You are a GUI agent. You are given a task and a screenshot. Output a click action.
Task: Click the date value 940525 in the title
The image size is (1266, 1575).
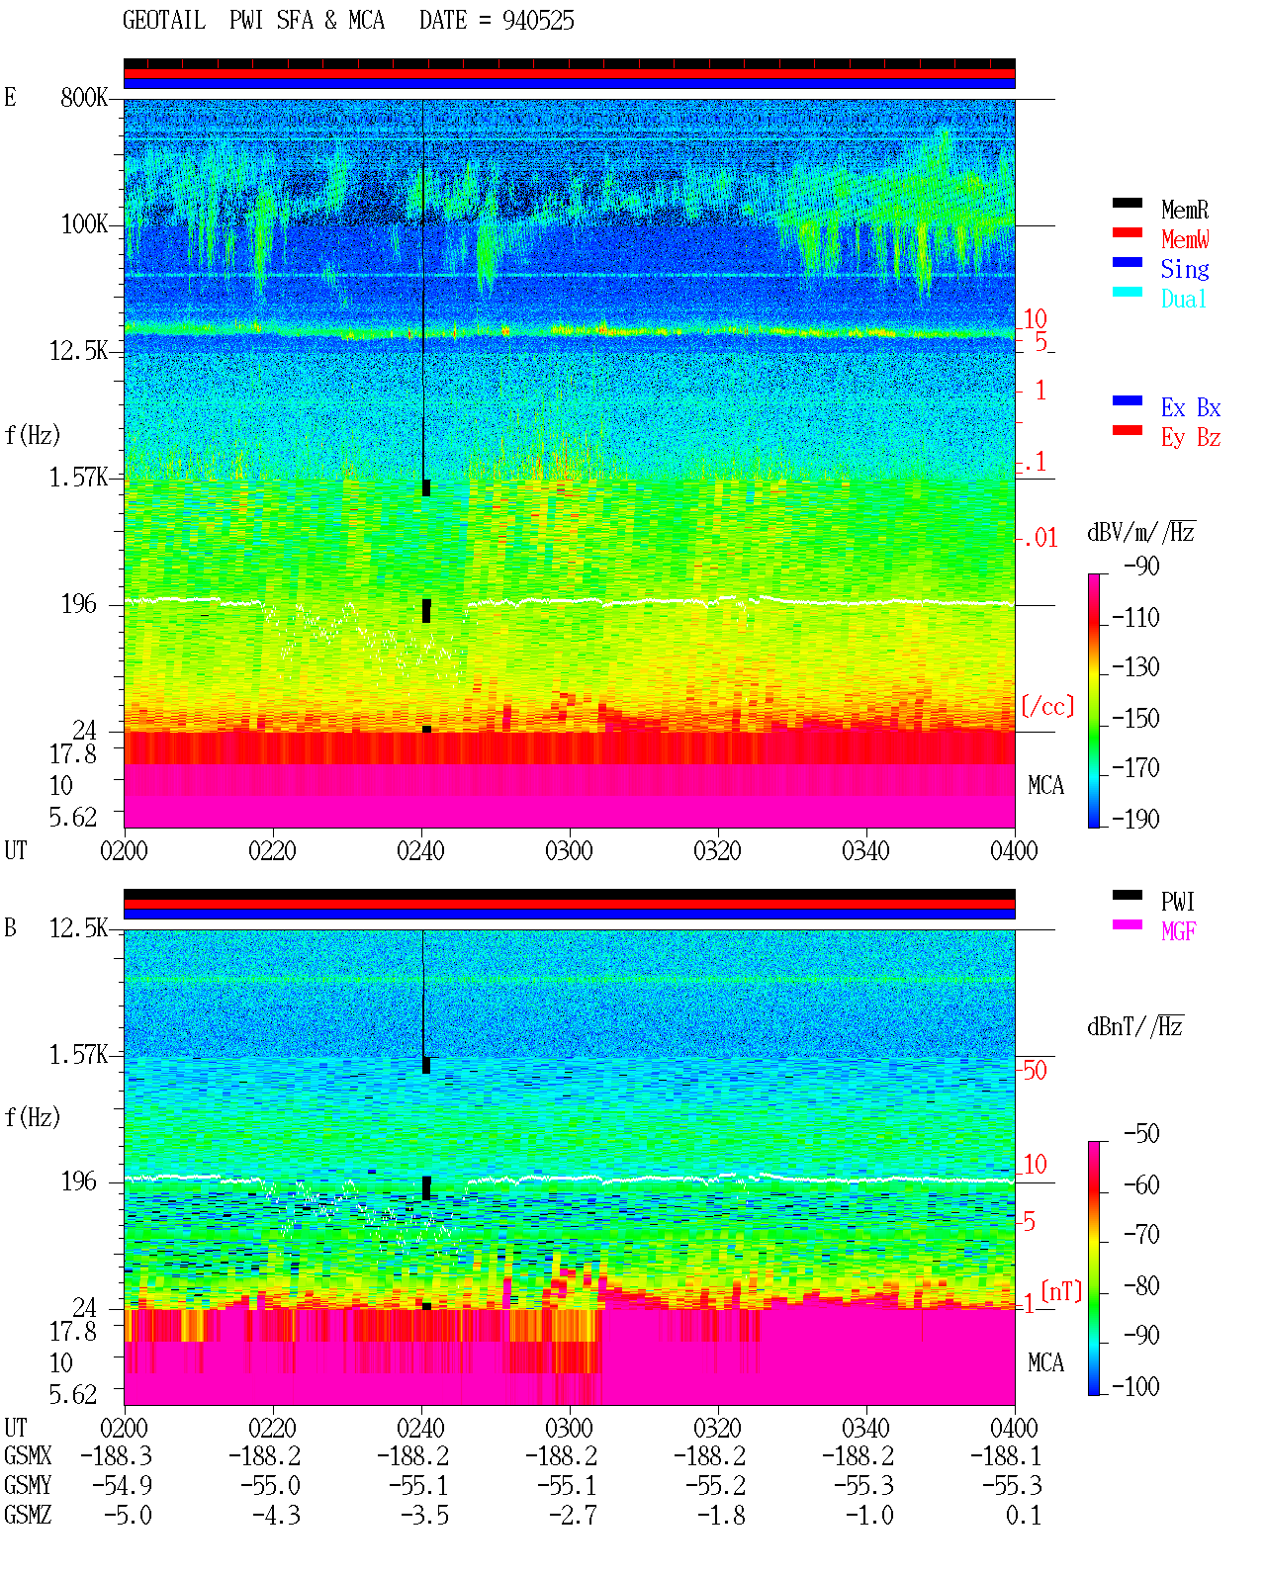(538, 20)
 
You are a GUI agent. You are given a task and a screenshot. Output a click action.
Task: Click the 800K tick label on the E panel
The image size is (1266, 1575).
(84, 97)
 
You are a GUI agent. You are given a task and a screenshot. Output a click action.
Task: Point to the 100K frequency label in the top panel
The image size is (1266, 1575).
(84, 224)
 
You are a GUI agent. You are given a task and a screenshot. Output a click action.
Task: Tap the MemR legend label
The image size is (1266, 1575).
(1185, 210)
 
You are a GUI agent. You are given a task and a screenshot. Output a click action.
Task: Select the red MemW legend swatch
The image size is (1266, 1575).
(1128, 232)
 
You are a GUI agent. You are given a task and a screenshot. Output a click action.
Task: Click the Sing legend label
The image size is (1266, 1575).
(1185, 269)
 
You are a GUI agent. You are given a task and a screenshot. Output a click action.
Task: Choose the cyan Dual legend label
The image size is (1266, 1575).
(1184, 299)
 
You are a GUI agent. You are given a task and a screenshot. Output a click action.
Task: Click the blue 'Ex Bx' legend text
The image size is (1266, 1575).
(1191, 407)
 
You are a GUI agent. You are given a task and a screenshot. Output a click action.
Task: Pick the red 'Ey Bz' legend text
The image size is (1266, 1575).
(1191, 438)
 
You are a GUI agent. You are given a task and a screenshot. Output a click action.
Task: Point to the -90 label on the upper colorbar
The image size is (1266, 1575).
(1141, 566)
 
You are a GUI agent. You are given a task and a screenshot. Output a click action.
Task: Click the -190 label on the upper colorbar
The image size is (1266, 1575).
(1135, 819)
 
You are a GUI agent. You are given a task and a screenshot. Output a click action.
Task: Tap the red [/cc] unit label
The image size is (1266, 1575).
(1047, 706)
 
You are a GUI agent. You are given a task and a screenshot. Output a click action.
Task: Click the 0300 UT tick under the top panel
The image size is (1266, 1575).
(569, 851)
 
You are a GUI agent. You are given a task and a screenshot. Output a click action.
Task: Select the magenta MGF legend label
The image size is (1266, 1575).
(1179, 931)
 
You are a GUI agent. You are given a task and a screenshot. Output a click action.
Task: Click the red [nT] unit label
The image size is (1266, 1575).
(1061, 1292)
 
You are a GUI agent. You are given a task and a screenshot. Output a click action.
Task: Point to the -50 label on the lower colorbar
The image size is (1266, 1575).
(1141, 1134)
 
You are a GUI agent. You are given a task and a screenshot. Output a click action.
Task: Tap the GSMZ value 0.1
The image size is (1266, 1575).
(1024, 1515)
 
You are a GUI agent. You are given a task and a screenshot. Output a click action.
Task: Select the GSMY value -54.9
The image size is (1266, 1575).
(123, 1486)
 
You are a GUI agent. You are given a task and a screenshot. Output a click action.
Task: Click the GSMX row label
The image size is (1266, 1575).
(28, 1456)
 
